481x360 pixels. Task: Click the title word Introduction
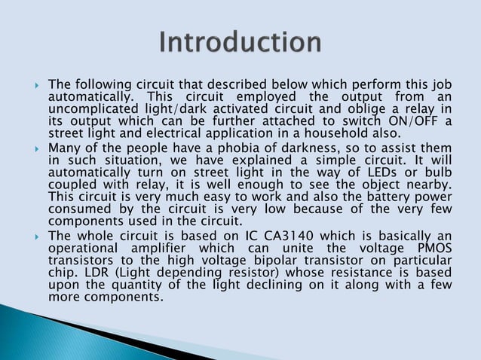(240, 42)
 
